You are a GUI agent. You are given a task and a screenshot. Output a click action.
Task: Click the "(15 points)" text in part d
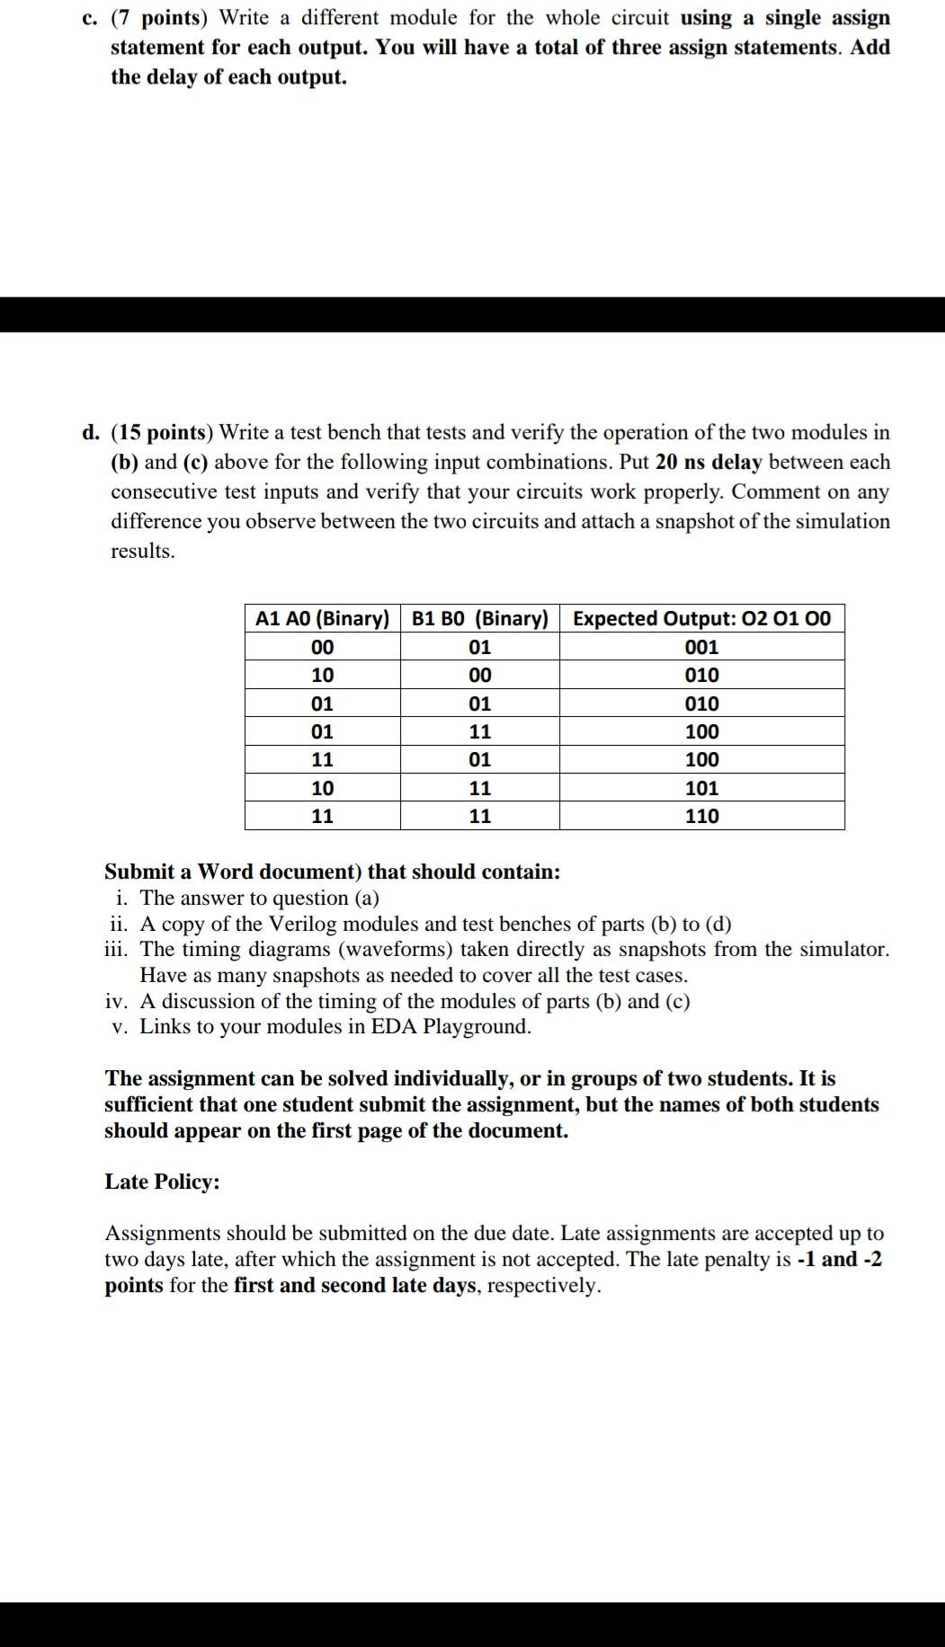pyautogui.click(x=163, y=433)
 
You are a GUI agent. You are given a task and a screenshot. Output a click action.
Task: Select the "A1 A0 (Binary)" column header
pyautogui.click(x=322, y=619)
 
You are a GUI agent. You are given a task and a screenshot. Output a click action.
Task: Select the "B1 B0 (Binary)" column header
pyautogui.click(x=479, y=619)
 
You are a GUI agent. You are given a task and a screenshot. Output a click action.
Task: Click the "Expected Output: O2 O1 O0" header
pyautogui.click(x=701, y=619)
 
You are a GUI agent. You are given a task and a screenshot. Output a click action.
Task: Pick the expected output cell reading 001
pyautogui.click(x=701, y=648)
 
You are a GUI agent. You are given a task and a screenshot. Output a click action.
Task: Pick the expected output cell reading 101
pyautogui.click(x=701, y=789)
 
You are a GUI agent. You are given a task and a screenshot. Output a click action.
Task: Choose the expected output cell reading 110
pyautogui.click(x=701, y=817)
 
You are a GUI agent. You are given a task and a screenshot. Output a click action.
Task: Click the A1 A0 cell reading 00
pyautogui.click(x=322, y=648)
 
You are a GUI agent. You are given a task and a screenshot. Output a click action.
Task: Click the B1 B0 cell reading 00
pyautogui.click(x=479, y=676)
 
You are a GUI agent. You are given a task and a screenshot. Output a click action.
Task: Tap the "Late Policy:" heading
pyautogui.click(x=162, y=1182)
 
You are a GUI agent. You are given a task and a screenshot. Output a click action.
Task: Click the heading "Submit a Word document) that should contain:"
pyautogui.click(x=332, y=872)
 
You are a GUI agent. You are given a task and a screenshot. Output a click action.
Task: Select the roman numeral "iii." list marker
pyautogui.click(x=118, y=950)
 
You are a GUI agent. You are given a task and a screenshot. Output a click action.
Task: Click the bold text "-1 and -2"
pyautogui.click(x=839, y=1260)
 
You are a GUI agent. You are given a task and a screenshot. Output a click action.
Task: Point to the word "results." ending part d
pyautogui.click(x=143, y=552)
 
